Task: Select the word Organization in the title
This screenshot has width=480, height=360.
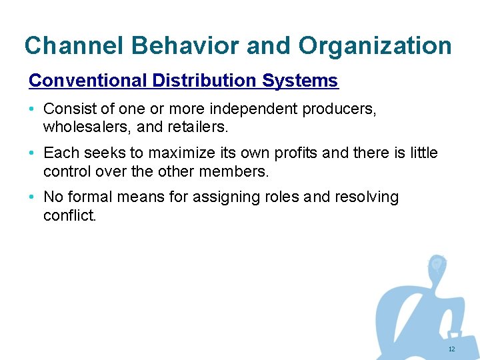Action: [x=375, y=46]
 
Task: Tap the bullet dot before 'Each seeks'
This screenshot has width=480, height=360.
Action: [x=33, y=153]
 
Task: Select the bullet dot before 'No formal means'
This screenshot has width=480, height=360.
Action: [x=33, y=197]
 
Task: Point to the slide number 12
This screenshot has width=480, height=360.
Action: [x=451, y=349]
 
